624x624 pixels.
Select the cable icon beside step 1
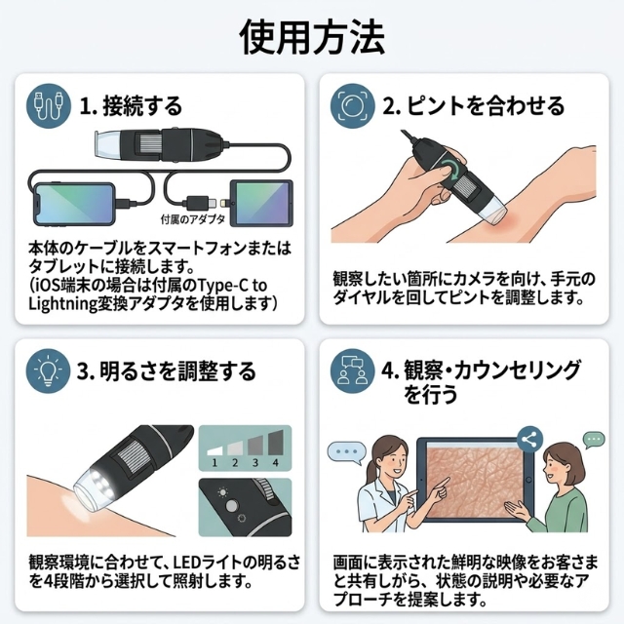click(x=47, y=104)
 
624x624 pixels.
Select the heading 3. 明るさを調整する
click(x=166, y=370)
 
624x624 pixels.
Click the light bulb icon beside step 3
click(x=47, y=370)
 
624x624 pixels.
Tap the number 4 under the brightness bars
click(x=276, y=461)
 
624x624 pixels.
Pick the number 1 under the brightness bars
click(x=213, y=461)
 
